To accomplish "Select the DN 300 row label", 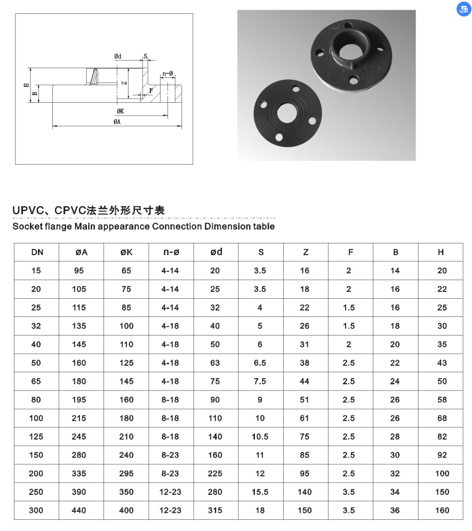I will [36, 510].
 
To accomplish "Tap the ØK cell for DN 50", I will [126, 363].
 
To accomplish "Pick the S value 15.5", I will [260, 492].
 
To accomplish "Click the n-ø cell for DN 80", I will [171, 399].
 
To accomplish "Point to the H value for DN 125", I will [442, 437].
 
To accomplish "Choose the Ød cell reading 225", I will [215, 473].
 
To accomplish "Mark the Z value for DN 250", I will [305, 492].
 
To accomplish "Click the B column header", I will [396, 252].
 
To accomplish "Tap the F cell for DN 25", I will [349, 308].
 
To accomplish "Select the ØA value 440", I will [79, 510].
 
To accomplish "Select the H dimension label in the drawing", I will [26, 85].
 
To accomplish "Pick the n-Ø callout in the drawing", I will [168, 73].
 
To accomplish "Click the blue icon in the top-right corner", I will [462, 9].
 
